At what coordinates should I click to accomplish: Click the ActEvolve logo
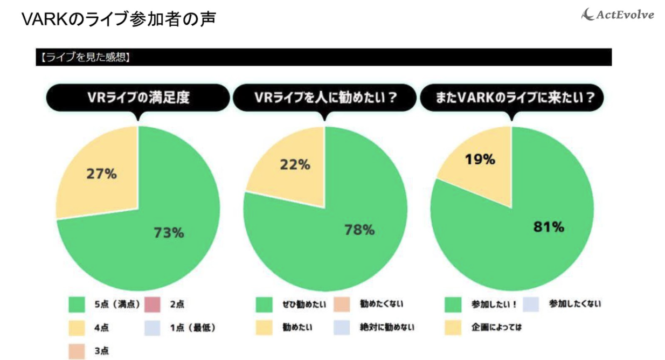pos(618,15)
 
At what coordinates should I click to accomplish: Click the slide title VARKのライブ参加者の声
pos(119,19)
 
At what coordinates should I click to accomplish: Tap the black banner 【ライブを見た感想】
pos(323,57)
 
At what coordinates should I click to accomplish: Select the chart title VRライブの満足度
pos(138,99)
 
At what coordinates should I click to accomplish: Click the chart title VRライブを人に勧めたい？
pos(324,99)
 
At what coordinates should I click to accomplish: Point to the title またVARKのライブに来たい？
pos(511,99)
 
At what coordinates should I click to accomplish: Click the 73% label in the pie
pos(169,233)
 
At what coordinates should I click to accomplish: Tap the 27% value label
pos(102,174)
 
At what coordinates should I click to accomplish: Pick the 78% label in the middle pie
pos(359,230)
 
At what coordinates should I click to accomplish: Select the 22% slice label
pos(295,164)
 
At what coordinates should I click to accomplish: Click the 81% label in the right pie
pos(549,227)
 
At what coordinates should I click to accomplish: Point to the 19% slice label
pos(480,159)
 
